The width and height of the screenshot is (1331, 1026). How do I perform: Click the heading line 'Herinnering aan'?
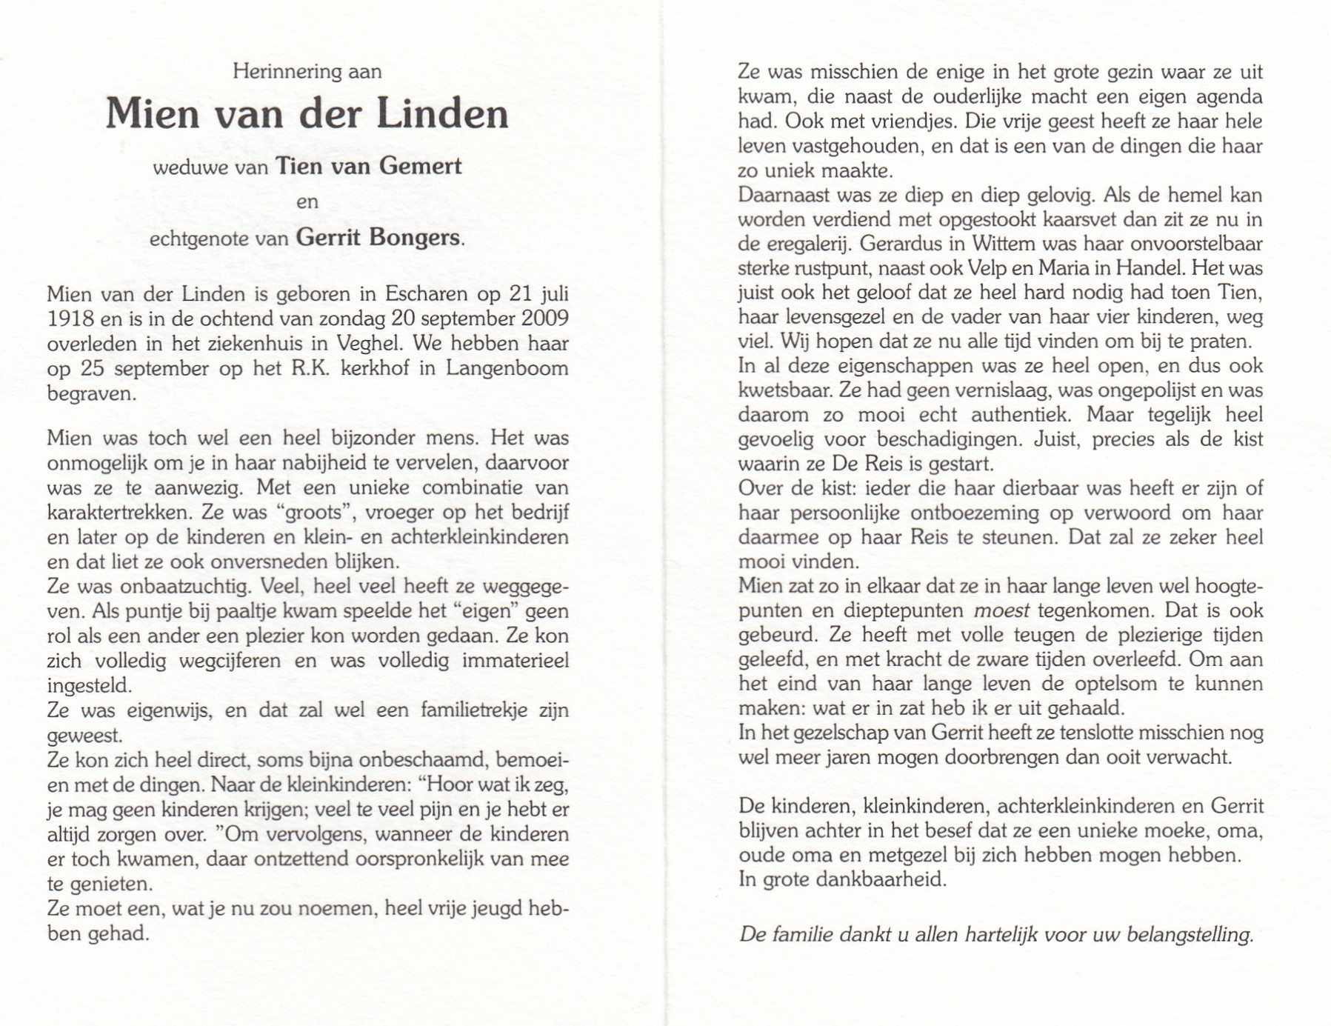(307, 72)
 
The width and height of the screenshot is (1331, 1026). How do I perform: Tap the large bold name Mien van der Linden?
(307, 114)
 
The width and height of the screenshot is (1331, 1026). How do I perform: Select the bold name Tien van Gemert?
(368, 166)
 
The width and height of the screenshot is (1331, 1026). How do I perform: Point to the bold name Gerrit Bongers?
(378, 238)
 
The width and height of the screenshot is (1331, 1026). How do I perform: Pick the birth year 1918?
(70, 319)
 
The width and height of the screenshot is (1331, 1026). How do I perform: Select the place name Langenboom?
(507, 368)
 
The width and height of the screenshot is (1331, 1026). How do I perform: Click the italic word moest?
(1001, 610)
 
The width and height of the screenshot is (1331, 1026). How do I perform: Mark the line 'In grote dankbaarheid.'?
(843, 880)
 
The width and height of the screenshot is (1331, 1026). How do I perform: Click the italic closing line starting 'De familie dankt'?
(996, 935)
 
